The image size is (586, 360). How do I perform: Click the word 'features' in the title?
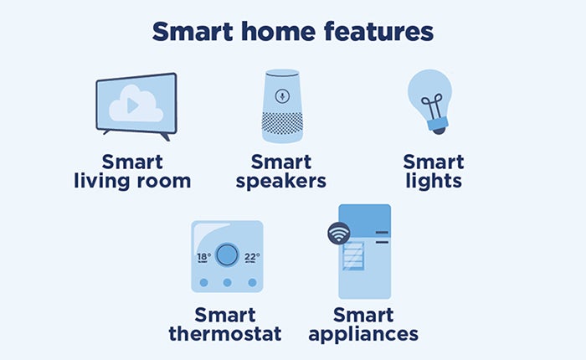coord(378,32)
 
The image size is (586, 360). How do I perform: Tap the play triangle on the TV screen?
coord(132,105)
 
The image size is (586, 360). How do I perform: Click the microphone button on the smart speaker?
coord(282,96)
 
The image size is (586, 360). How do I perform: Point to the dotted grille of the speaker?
coord(283,124)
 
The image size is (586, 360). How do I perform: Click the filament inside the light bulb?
coord(433,106)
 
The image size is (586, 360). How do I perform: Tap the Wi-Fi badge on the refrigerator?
coord(338,234)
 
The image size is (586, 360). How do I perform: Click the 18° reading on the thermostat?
coord(203,257)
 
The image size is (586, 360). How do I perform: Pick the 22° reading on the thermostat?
coord(252,257)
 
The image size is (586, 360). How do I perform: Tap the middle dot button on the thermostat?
coord(227,283)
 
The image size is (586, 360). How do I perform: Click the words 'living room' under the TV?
coord(132,182)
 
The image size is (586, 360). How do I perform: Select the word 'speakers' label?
coord(281,182)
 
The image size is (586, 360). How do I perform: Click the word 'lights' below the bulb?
coord(434,182)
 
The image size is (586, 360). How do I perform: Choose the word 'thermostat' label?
coord(225,334)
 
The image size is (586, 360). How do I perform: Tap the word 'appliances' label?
coord(363,335)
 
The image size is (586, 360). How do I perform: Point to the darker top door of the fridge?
coord(365,220)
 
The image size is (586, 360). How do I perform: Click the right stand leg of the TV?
coord(165,136)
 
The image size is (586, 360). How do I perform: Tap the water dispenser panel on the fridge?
coord(353,256)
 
